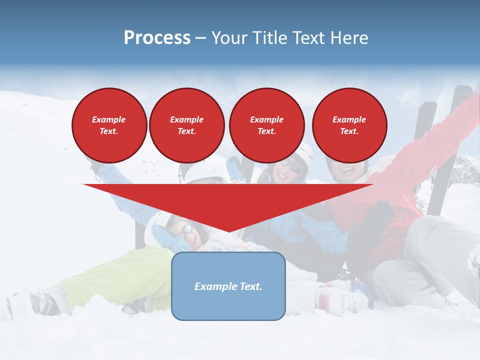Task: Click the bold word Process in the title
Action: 157,38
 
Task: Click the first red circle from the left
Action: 109,125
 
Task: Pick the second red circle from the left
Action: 186,125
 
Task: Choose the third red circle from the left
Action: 266,125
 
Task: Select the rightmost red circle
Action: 349,125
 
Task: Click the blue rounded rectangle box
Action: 228,286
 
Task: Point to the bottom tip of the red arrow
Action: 228,230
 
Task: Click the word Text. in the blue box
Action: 251,286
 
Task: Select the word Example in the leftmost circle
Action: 109,119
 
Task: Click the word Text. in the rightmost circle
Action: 349,131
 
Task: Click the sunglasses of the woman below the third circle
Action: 291,166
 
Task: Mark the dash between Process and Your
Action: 201,38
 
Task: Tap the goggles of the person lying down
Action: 187,230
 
